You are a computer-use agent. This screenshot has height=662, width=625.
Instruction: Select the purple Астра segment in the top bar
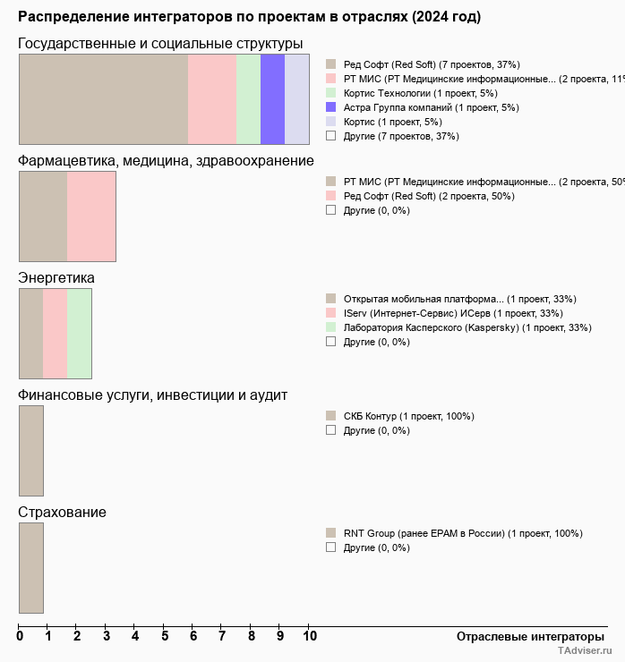click(x=272, y=98)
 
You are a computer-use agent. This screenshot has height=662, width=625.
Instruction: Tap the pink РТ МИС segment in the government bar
click(x=212, y=98)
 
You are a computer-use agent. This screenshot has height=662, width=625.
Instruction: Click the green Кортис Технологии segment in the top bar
click(x=248, y=98)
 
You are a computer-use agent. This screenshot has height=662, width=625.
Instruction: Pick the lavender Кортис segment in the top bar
click(x=296, y=98)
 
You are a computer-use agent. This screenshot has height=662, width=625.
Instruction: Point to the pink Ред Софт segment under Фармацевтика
click(x=91, y=216)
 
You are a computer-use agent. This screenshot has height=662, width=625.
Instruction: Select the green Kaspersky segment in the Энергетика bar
click(x=79, y=334)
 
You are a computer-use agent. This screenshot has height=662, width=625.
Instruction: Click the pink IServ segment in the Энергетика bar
click(x=55, y=334)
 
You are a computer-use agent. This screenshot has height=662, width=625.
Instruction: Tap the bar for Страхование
click(x=31, y=568)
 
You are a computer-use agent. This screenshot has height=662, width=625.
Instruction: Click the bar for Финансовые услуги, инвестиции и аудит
click(x=31, y=450)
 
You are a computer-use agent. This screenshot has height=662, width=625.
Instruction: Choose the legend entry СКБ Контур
click(x=408, y=416)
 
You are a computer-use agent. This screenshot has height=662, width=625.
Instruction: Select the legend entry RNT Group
click(x=462, y=533)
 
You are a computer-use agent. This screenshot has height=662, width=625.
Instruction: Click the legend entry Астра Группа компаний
click(x=424, y=107)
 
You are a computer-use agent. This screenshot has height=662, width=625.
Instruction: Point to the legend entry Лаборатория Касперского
click(x=467, y=327)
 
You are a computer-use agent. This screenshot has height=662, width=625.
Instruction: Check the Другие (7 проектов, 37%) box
click(x=331, y=136)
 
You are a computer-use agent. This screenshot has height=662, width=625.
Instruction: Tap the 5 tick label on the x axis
click(x=165, y=637)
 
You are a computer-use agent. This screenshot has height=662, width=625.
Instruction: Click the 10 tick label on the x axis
click(x=310, y=637)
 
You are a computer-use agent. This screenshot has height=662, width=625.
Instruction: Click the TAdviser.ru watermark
click(x=585, y=651)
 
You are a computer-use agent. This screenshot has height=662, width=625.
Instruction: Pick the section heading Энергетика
click(x=56, y=278)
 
